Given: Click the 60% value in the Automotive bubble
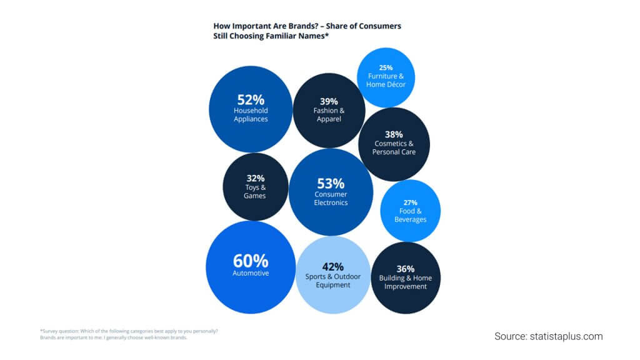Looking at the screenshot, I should click(x=250, y=260).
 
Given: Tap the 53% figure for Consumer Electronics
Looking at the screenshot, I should click(x=331, y=183).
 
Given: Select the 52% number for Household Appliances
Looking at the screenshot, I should click(x=251, y=99).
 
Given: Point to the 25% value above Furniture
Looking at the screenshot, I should click(x=386, y=67).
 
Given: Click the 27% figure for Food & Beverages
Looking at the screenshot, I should click(x=411, y=202).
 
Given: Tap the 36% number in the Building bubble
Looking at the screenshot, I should click(x=406, y=269).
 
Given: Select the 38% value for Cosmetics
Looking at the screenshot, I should click(x=394, y=134).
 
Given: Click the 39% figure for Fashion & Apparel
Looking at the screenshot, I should click(x=329, y=101).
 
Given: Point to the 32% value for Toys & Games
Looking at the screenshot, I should click(x=255, y=177).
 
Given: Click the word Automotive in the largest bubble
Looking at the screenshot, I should click(x=250, y=273).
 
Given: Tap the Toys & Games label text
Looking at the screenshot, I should click(x=255, y=191).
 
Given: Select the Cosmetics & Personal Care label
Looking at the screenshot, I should click(x=394, y=147).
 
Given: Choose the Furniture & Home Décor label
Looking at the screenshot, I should click(x=386, y=80).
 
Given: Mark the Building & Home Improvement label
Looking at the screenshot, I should click(x=406, y=282).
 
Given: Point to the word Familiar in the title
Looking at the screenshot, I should click(x=280, y=36).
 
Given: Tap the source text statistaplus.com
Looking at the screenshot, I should click(x=567, y=336).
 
